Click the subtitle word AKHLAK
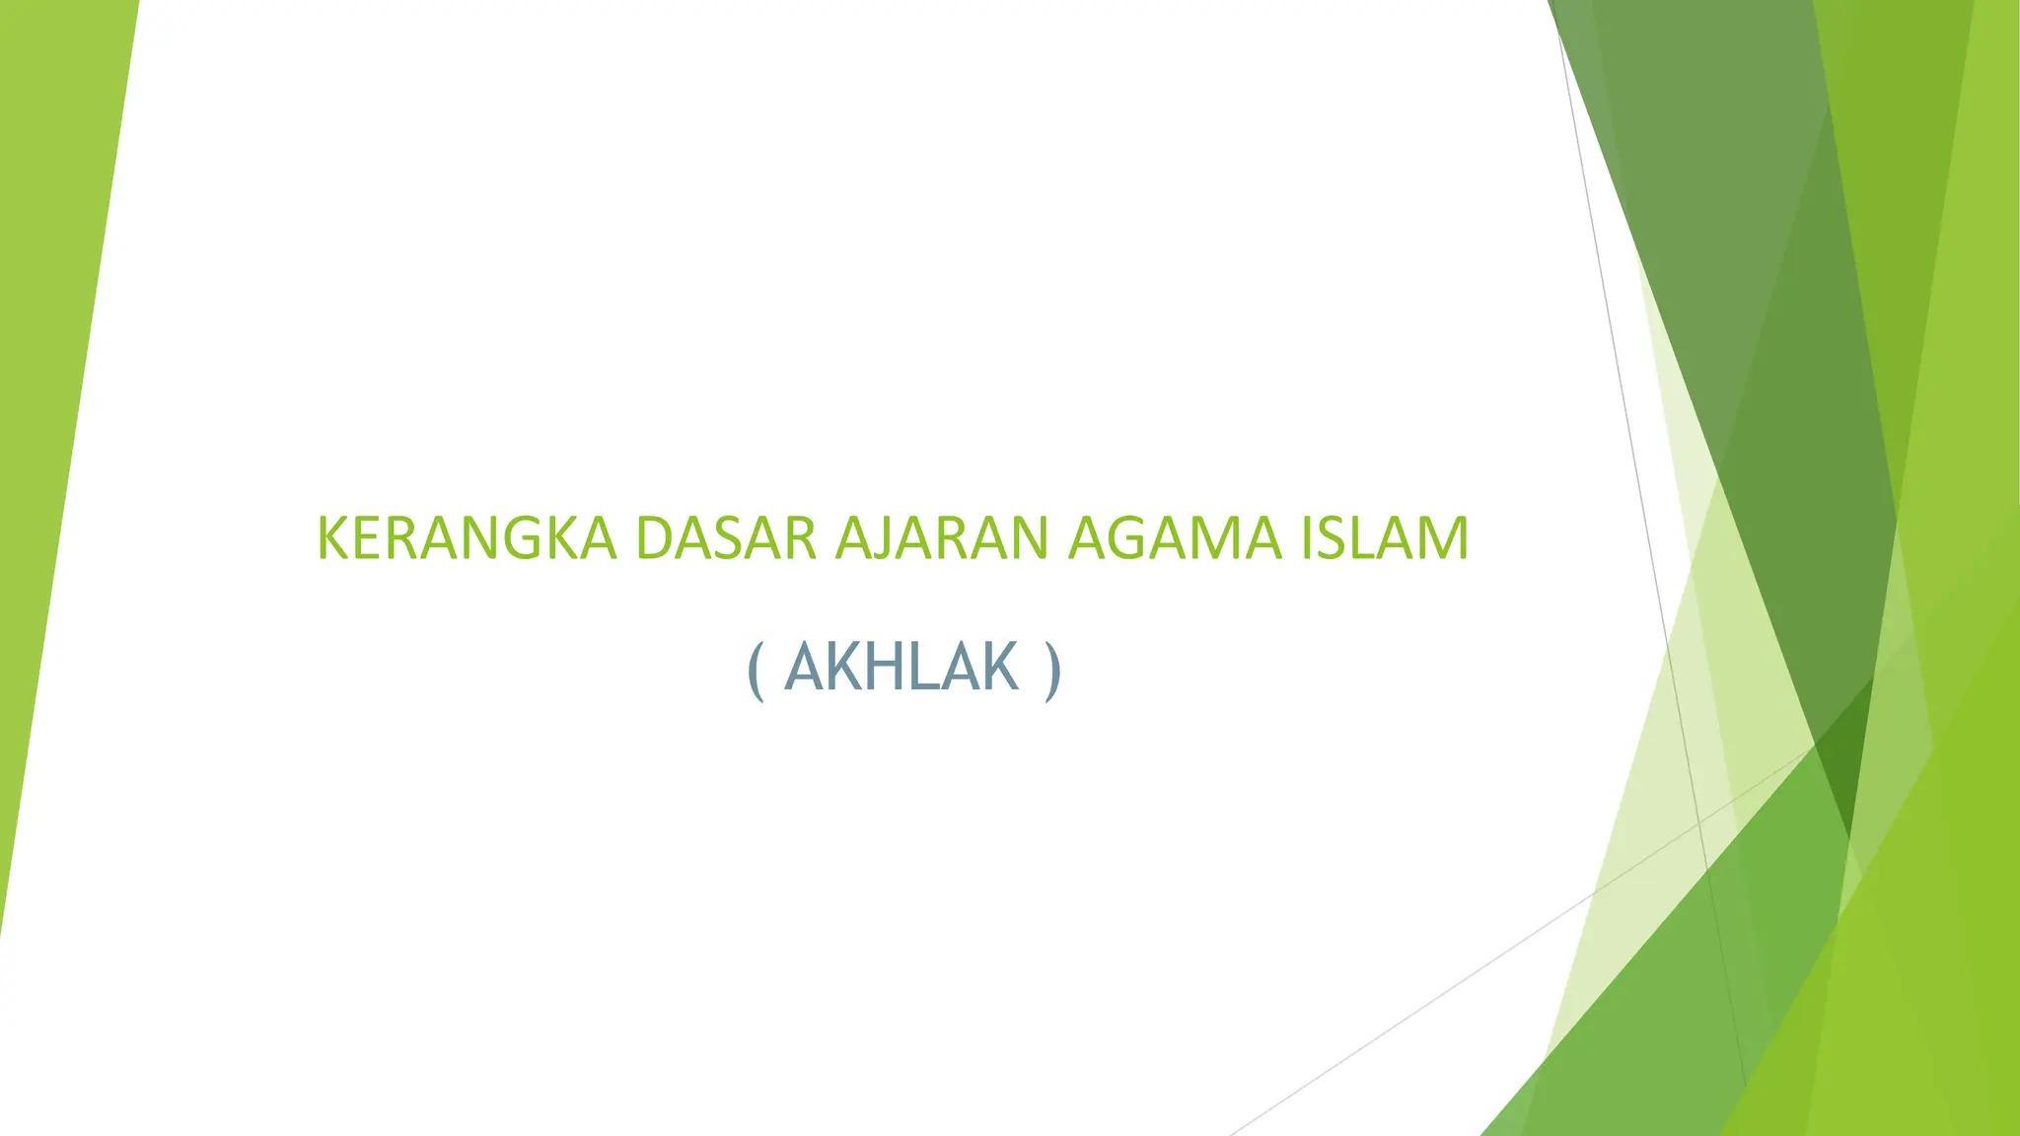point(901,668)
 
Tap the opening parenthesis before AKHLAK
point(757,671)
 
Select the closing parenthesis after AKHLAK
point(1052,671)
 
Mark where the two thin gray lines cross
point(1699,821)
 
